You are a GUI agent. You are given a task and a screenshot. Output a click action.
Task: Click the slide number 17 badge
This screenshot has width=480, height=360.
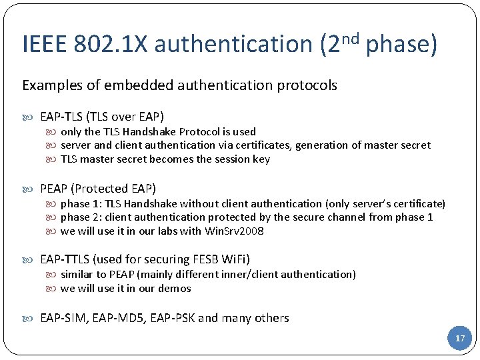459,339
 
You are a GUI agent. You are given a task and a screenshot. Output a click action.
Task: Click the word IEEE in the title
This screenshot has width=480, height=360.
45,44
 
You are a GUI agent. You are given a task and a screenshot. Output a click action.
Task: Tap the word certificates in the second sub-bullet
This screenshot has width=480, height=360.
263,145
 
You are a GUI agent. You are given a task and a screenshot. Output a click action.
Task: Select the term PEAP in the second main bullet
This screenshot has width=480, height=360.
56,188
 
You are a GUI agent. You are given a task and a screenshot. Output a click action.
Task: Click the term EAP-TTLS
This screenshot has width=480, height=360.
65,259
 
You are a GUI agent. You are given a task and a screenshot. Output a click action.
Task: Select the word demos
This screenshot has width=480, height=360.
175,288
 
